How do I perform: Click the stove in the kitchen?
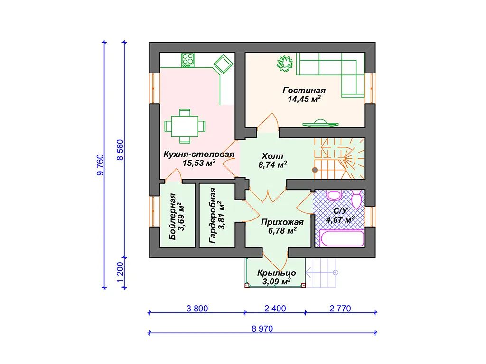point(188,60)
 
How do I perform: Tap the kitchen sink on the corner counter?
point(223,64)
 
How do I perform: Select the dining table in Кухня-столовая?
point(185,126)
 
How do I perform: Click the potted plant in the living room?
point(285,64)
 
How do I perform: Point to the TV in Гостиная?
point(320,123)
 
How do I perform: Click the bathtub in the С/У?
point(342,238)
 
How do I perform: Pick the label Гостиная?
point(304,91)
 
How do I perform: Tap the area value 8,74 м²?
point(273,164)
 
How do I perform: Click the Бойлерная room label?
point(172,217)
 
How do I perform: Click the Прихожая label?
point(282,222)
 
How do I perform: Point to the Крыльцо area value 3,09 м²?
point(277,282)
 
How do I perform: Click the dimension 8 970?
point(262,329)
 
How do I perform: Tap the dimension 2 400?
point(275,309)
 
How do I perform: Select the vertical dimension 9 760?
point(100,164)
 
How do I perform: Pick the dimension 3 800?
point(197,309)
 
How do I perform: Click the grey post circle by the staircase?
point(315,170)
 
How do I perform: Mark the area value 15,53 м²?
point(199,163)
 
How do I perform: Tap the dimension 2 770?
point(340,309)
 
